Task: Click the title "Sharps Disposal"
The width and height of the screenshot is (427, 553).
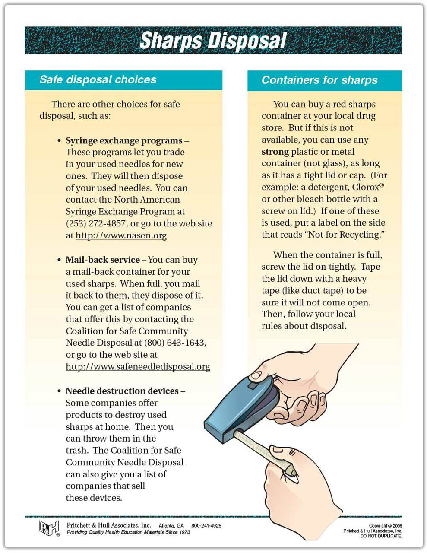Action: click(213, 41)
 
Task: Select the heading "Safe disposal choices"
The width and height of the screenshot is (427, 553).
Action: click(98, 80)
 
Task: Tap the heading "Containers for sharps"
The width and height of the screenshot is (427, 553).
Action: click(319, 80)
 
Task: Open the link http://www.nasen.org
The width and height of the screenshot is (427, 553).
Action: click(121, 235)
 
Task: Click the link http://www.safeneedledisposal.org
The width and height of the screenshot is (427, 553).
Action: click(138, 367)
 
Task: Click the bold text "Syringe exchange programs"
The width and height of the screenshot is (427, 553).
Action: click(124, 140)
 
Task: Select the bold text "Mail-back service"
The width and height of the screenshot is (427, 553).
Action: click(103, 260)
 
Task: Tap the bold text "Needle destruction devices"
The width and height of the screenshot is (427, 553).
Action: click(122, 391)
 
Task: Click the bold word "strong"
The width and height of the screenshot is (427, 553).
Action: click(275, 152)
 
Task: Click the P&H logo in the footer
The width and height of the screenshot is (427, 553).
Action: click(49, 528)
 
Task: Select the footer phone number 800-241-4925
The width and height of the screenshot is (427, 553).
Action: click(206, 526)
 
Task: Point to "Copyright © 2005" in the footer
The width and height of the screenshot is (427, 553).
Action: click(386, 526)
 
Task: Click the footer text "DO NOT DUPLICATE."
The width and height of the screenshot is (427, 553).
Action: click(381, 536)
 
